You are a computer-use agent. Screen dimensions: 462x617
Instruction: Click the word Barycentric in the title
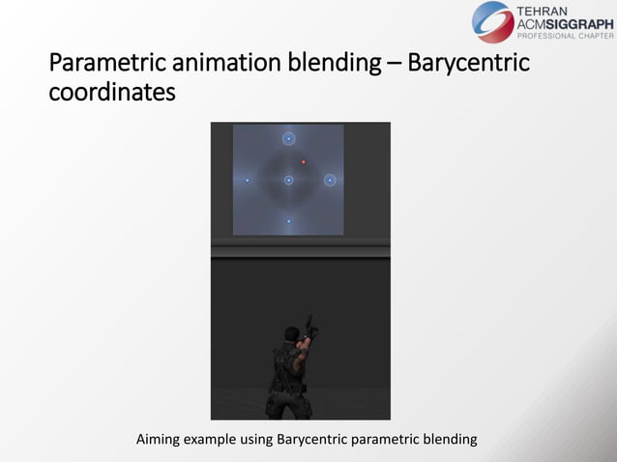pyautogui.click(x=468, y=65)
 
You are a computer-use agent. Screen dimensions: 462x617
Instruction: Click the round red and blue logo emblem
pyautogui.click(x=493, y=22)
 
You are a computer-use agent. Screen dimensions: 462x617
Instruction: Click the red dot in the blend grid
pyautogui.click(x=304, y=161)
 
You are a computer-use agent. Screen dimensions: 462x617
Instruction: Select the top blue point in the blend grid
pyautogui.click(x=288, y=138)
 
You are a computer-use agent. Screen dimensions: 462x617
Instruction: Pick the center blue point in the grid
pyautogui.click(x=288, y=180)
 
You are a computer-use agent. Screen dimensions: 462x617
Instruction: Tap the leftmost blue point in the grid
pyautogui.click(x=248, y=180)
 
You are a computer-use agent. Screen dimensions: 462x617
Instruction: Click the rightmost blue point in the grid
pyautogui.click(x=330, y=180)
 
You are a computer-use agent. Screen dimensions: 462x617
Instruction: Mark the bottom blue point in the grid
pyautogui.click(x=288, y=221)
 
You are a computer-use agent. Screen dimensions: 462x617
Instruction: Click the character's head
pyautogui.click(x=292, y=335)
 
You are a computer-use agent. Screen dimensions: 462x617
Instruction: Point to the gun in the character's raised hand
pyautogui.click(x=308, y=322)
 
